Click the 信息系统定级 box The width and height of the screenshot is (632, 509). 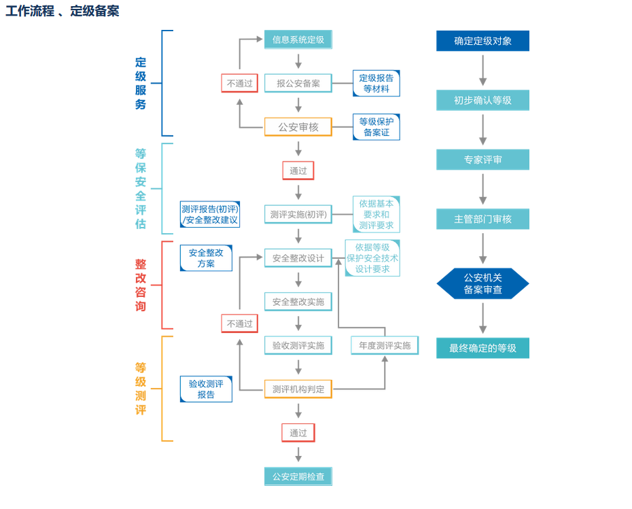click(298, 39)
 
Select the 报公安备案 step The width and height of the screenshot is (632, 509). click(298, 84)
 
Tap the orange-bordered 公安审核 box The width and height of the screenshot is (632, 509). click(298, 126)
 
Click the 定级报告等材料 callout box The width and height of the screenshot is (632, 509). click(376, 84)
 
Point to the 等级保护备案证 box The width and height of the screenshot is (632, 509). click(376, 127)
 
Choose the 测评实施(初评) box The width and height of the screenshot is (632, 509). click(298, 215)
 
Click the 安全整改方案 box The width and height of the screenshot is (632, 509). click(206, 258)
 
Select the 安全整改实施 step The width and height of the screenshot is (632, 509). click(298, 302)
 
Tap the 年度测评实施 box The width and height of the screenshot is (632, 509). click(385, 345)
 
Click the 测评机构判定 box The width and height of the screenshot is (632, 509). click(298, 389)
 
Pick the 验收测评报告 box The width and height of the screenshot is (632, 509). click(206, 389)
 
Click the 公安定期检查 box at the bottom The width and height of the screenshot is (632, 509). click(298, 476)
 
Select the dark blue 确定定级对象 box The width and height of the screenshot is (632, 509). click(482, 41)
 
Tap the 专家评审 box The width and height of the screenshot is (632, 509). click(482, 160)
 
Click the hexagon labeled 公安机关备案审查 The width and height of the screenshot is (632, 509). click(482, 283)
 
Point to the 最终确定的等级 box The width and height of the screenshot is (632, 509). click(482, 348)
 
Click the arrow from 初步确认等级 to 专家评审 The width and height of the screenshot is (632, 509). click(482, 130)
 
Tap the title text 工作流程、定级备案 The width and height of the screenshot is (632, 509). click(63, 11)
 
